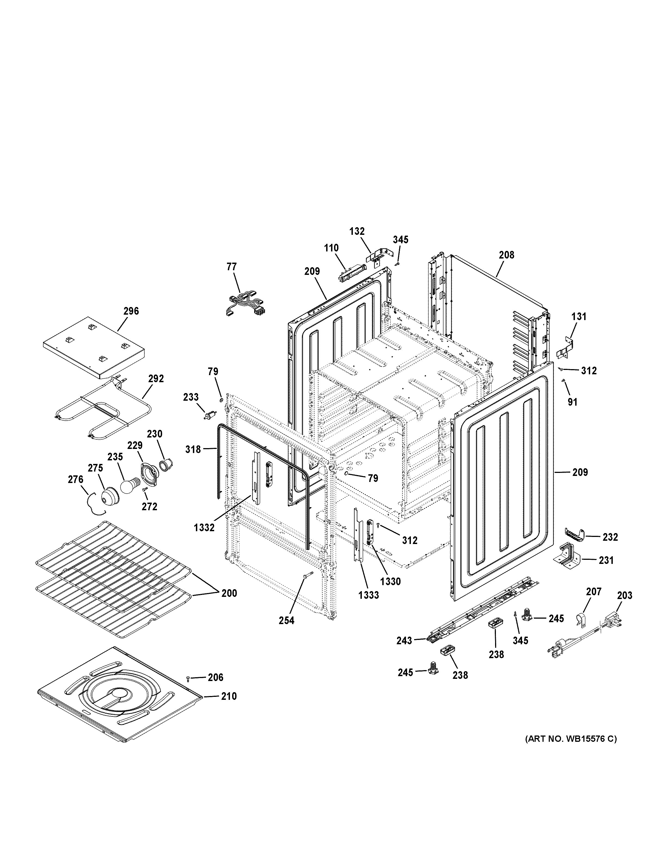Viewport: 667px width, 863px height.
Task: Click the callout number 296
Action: click(131, 311)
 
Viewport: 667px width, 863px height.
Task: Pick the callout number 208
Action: click(506, 255)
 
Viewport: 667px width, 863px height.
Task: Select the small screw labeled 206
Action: click(188, 678)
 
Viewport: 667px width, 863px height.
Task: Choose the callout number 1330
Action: click(390, 581)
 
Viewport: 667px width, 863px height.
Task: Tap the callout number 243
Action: click(404, 640)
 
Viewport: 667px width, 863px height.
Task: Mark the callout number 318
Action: click(193, 449)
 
